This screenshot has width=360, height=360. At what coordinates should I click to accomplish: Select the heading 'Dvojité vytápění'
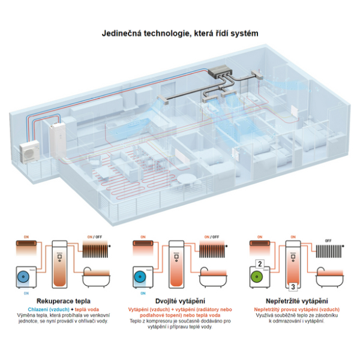(x=179, y=300)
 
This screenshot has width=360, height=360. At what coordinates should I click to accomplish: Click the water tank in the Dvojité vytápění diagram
(x=176, y=264)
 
